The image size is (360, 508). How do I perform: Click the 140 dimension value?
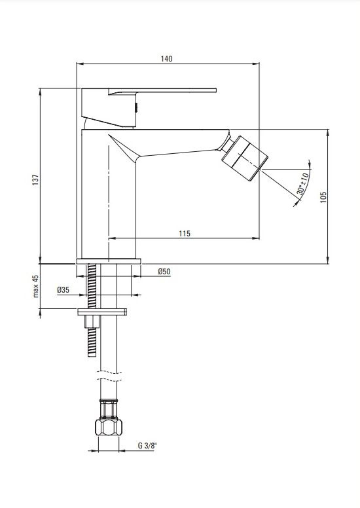166,59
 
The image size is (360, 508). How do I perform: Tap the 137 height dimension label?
35,180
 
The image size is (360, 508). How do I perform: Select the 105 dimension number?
323,197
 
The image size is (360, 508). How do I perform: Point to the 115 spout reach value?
185,233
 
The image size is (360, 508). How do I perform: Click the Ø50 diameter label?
164,271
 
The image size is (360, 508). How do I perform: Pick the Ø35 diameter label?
63,289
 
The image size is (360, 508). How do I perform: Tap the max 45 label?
35,286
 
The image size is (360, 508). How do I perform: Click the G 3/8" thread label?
147,445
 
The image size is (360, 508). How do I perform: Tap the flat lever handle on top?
162,91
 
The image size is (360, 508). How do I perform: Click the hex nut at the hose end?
109,427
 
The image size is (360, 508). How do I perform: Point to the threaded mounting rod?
92,310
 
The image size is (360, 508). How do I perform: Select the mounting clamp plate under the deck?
101,312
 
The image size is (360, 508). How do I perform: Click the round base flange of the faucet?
109,261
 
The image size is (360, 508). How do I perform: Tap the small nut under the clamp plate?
92,321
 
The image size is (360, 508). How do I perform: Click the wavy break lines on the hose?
109,376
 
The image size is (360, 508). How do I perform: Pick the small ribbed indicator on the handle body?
136,107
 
